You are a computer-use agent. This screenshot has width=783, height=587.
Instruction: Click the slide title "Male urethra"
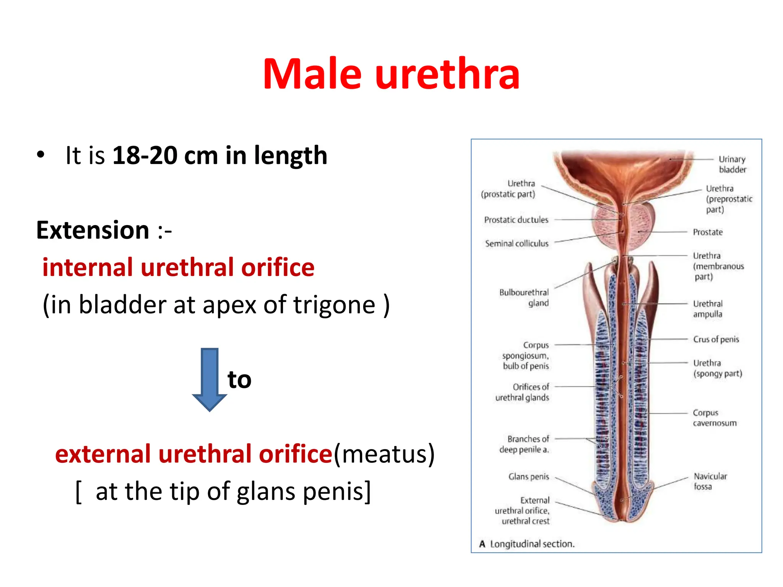[391, 74]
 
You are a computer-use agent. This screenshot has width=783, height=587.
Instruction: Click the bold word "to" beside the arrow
[239, 379]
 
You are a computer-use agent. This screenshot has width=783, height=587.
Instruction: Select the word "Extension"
[93, 230]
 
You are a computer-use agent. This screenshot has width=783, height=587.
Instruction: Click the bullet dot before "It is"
[41, 155]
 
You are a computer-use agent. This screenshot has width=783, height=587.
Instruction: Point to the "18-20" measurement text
[145, 156]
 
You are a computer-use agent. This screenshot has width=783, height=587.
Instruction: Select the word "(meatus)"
[384, 454]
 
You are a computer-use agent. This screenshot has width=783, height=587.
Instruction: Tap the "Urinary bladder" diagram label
[732, 164]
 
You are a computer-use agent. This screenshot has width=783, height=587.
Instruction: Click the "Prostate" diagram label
[708, 232]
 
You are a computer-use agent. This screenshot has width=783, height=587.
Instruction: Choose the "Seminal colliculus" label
[517, 244]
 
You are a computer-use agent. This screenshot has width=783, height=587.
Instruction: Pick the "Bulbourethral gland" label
[524, 298]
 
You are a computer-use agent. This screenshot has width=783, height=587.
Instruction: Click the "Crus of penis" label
[716, 339]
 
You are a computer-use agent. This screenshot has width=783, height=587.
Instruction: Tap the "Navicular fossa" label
[710, 481]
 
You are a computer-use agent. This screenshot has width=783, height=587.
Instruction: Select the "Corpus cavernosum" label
[714, 418]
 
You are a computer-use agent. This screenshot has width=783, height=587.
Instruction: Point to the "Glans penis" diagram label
[528, 477]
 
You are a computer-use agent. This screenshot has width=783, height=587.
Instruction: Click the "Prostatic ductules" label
[516, 220]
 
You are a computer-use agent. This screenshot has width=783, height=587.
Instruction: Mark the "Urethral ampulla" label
[708, 309]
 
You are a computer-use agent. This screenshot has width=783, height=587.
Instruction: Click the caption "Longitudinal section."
[532, 544]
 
